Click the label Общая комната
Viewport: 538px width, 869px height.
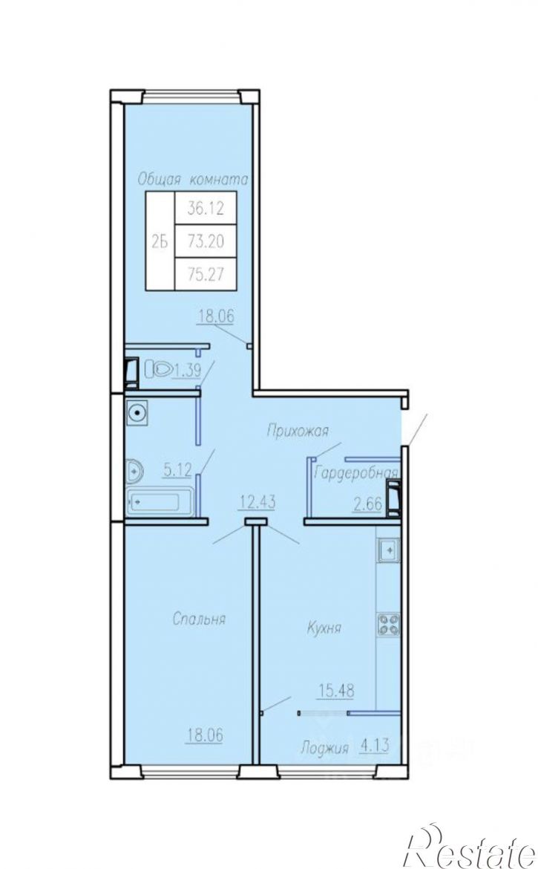192,180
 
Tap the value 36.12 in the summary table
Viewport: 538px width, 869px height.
206,209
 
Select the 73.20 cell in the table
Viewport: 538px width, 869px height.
206,241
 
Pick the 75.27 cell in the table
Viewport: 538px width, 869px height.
206,274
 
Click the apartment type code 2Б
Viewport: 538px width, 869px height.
160,241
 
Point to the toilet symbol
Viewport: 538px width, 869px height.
158,370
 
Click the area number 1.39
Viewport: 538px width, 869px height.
187,370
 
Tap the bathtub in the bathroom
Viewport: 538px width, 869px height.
160,503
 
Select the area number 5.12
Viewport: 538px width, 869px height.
177,471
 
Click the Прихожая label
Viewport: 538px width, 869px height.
298,431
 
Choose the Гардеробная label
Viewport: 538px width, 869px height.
356,472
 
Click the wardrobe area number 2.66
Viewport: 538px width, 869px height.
368,504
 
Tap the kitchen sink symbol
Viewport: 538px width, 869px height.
390,550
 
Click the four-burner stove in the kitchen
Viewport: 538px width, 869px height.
389,623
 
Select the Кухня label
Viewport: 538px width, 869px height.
324,628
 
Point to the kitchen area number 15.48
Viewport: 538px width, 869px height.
336,691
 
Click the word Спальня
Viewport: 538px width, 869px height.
200,619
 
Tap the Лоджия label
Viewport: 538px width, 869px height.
325,749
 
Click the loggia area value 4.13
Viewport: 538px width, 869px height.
375,746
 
